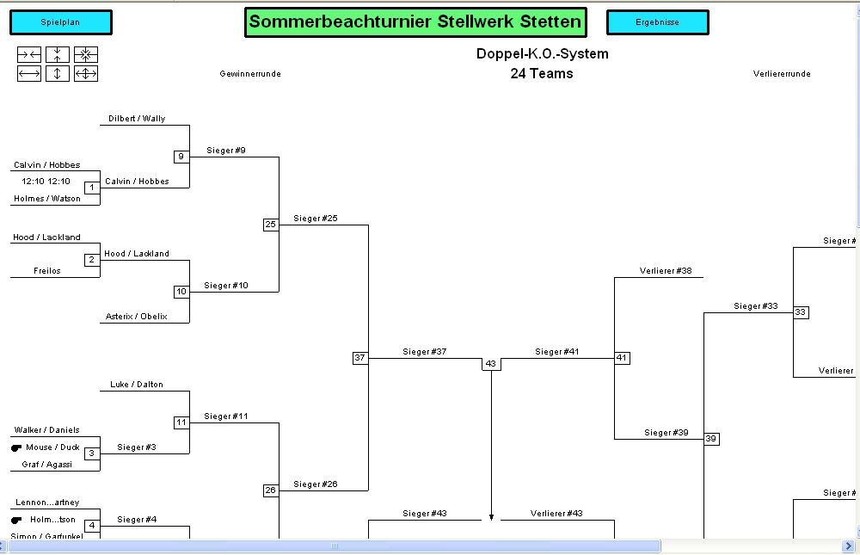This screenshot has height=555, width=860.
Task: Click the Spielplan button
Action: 60,22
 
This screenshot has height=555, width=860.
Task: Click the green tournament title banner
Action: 415,22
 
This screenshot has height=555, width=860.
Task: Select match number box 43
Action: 491,364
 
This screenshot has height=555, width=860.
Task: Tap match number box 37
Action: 360,358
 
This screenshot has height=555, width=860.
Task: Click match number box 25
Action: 271,225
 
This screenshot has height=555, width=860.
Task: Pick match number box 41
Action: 622,358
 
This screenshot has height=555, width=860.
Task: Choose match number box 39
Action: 711,439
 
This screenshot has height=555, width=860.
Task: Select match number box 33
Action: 801,312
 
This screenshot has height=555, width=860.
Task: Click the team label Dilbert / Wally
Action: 137,119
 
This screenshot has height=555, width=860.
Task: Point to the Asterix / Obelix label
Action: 137,317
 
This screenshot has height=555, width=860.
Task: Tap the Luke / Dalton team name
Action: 137,385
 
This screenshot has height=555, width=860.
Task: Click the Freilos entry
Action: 47,271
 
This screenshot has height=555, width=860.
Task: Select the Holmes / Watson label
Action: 47,199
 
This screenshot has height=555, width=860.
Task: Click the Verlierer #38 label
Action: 666,271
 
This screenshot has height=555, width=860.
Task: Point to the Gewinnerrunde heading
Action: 250,74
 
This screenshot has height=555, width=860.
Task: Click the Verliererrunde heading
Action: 782,74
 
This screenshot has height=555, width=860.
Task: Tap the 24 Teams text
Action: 542,74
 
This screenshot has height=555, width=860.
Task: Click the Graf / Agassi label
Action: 47,465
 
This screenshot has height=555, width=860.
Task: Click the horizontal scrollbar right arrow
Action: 849,546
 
